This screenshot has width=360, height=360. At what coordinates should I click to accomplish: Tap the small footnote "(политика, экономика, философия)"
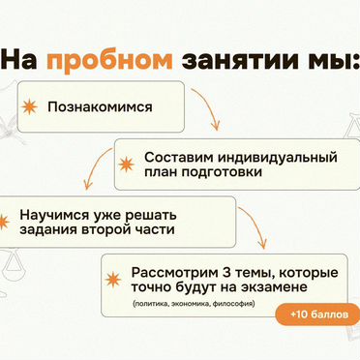coord(188,306)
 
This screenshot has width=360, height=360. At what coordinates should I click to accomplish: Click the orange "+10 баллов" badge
coord(317,315)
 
